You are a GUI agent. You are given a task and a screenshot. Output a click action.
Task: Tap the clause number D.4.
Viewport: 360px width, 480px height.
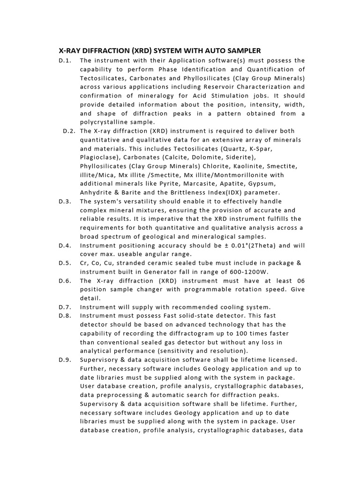tap(65, 245)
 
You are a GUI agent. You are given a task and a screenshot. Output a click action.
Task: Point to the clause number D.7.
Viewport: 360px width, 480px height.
tap(65, 307)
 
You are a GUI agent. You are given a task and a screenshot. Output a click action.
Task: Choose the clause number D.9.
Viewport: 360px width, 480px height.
tap(65, 360)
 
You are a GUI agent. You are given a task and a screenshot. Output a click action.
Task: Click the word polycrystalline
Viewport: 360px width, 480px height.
tap(105, 122)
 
